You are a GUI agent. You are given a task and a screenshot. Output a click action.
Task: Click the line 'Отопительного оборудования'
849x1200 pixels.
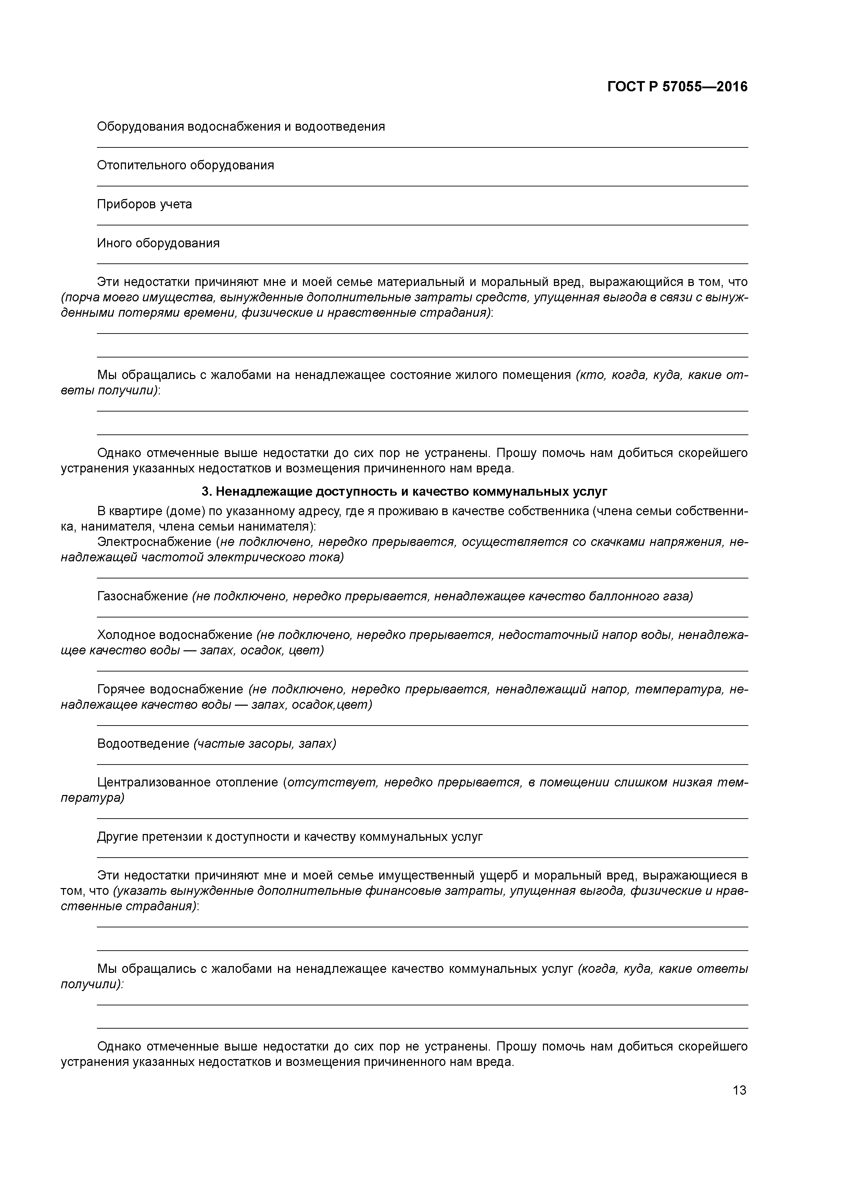[x=185, y=166]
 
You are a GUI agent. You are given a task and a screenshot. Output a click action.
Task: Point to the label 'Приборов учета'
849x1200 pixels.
[x=144, y=204]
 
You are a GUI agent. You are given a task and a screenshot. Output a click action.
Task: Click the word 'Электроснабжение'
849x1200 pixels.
[x=154, y=542]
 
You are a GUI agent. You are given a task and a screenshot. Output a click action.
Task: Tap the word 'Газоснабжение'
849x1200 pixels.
[x=142, y=596]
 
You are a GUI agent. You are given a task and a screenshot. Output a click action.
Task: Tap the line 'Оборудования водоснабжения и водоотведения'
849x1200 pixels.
[x=241, y=127]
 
